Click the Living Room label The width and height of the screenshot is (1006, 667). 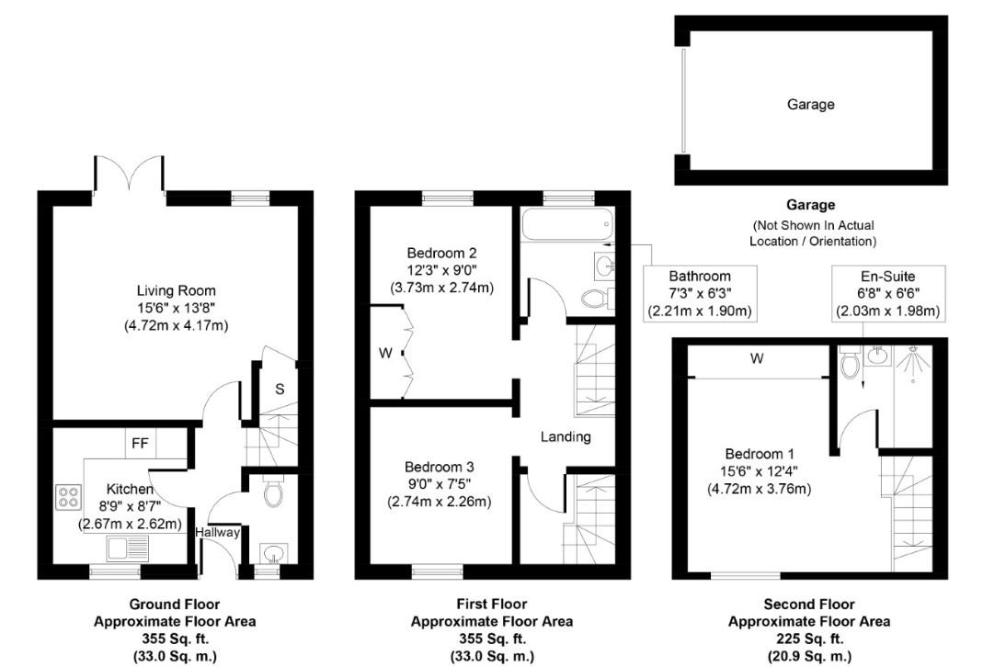176,291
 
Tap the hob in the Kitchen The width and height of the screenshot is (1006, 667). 69,497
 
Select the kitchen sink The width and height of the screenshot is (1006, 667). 122,550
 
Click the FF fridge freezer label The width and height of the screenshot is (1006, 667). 140,443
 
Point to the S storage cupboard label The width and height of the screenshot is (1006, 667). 280,389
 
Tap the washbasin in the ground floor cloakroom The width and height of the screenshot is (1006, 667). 271,553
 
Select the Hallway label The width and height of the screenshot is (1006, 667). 218,532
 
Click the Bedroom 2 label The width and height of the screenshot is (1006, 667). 441,253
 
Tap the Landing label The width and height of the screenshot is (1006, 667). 566,436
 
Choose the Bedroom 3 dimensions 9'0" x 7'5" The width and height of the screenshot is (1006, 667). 441,483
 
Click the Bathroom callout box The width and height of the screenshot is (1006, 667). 699,293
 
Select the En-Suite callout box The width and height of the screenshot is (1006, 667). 887,293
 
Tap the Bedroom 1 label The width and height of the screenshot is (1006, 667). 759,454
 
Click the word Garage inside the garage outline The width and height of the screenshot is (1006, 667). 810,105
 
